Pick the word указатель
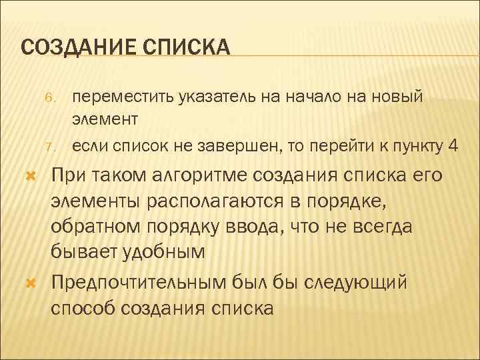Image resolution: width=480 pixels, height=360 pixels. point(213,97)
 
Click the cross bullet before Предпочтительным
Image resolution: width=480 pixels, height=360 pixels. point(29,285)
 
